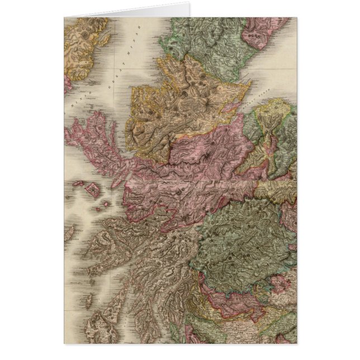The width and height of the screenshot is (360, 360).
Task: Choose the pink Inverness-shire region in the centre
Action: [190, 168]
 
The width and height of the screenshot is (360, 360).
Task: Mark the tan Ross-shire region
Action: [168, 106]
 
